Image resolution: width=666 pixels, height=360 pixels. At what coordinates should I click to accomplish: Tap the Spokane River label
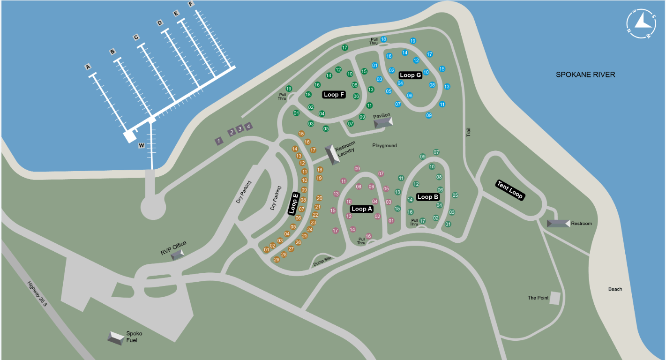click(x=585, y=75)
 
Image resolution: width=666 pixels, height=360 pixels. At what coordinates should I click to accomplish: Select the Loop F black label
click(x=334, y=95)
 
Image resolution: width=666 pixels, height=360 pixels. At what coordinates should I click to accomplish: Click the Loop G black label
click(x=410, y=75)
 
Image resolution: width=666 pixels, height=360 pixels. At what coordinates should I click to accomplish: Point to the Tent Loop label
click(x=509, y=190)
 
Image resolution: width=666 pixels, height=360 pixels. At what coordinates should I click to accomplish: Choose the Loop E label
click(x=294, y=203)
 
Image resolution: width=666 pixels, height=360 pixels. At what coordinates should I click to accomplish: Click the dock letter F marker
click(x=190, y=4)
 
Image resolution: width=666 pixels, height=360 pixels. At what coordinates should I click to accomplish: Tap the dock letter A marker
click(x=88, y=67)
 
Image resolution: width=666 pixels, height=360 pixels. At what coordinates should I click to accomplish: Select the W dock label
click(x=141, y=146)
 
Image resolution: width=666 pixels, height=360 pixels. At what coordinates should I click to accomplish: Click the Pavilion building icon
click(x=383, y=122)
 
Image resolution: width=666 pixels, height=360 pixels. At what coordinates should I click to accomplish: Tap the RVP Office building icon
click(x=177, y=255)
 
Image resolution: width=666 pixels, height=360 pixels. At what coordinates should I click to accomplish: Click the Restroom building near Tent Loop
click(x=558, y=224)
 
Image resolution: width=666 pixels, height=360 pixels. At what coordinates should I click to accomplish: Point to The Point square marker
click(x=555, y=298)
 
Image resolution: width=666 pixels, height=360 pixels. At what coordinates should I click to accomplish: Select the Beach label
click(x=615, y=289)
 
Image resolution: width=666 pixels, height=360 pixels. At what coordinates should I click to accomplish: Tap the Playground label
click(x=384, y=146)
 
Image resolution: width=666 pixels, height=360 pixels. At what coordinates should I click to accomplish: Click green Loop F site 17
click(x=344, y=47)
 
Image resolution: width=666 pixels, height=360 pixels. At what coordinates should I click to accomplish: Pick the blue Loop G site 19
click(x=413, y=41)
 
